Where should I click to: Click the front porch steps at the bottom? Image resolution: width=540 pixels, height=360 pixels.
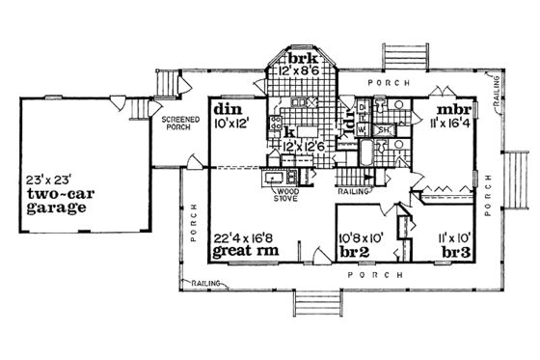319,303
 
